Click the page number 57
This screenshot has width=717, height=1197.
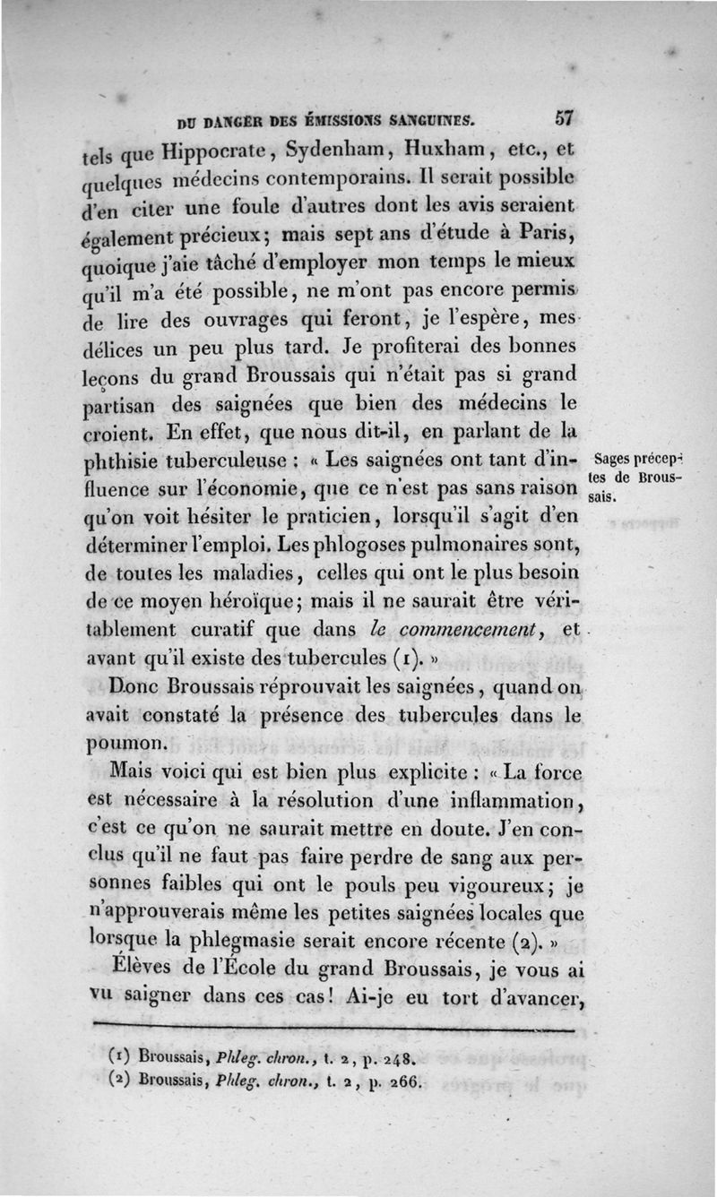(x=564, y=117)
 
